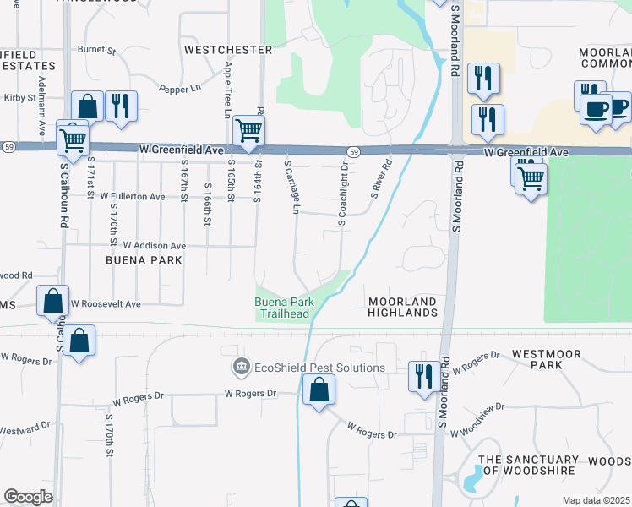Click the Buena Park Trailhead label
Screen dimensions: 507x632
point(285,308)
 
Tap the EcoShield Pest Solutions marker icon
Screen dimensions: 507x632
point(241,368)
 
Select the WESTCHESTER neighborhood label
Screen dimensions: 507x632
point(228,50)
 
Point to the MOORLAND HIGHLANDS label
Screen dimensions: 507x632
point(401,307)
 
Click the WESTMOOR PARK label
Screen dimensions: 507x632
point(558,357)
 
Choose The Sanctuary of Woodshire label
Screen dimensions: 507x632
point(528,466)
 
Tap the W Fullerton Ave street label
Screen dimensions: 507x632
point(133,196)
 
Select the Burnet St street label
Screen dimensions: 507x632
point(96,50)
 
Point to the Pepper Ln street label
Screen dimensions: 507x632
point(181,88)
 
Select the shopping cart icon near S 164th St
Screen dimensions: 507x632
point(248,130)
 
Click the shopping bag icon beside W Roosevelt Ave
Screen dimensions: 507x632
point(52,300)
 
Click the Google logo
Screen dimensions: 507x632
point(28,497)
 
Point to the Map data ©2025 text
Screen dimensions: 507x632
point(595,500)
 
